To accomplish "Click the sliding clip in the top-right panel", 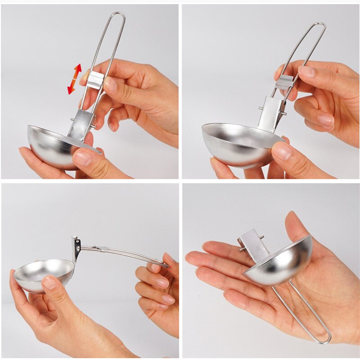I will click(285, 82).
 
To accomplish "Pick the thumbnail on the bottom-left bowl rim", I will click(49, 283).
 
